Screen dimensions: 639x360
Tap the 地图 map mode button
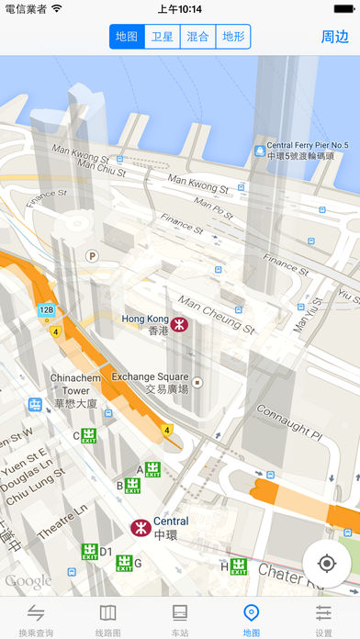[127, 37]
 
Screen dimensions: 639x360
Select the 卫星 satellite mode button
[163, 37]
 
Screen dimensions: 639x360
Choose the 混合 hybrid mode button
[197, 37]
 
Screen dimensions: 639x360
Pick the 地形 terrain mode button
[233, 37]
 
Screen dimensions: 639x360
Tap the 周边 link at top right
[334, 37]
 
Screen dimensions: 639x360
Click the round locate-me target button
[326, 563]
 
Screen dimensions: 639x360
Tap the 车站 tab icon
[180, 612]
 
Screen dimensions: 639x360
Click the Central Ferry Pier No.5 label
[307, 151]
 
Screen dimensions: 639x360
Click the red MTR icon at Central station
[140, 527]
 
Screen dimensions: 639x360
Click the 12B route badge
[47, 310]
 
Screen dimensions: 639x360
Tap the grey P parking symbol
[91, 256]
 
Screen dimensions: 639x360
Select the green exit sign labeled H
[239, 566]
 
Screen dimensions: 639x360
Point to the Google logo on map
[28, 581]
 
